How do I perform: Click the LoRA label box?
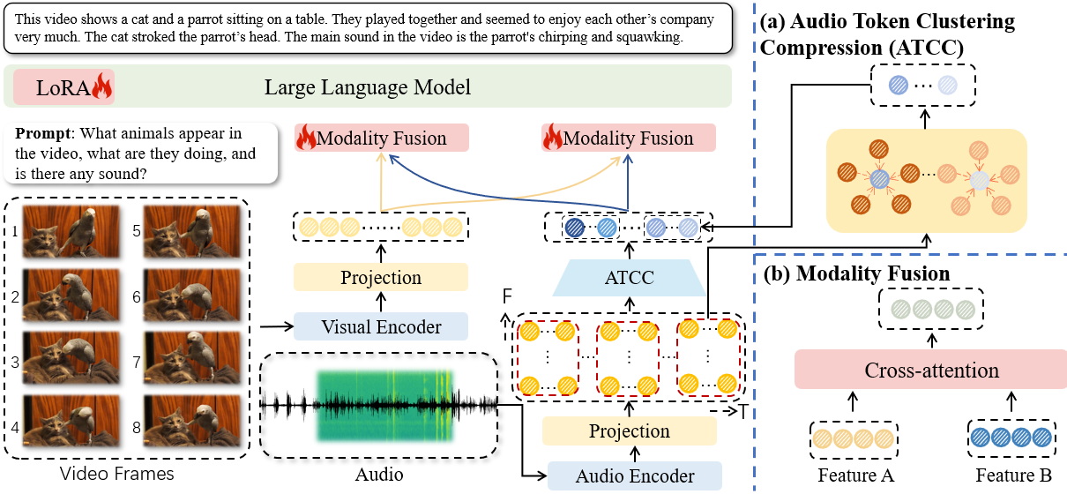click(64, 88)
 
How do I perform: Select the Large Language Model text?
click(368, 88)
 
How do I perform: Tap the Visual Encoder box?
click(381, 327)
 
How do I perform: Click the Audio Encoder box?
click(635, 476)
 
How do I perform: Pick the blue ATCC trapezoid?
click(630, 278)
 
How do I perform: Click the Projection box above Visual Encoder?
click(381, 278)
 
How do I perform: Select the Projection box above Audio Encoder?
click(630, 431)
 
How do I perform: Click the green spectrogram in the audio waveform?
click(384, 405)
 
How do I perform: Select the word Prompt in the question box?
click(41, 135)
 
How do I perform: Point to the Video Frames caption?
click(117, 475)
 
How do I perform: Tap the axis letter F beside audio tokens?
click(507, 297)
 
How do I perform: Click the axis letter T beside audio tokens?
click(742, 412)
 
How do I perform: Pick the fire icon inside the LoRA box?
click(102, 86)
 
